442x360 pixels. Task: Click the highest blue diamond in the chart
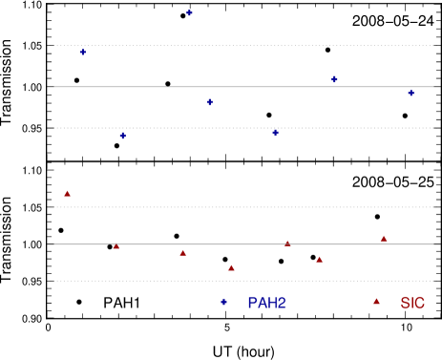(x=190, y=13)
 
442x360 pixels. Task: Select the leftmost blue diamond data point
(x=83, y=53)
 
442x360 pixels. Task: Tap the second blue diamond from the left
(x=122, y=136)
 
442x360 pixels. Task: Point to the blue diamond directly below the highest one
(x=210, y=102)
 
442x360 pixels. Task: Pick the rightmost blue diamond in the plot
(x=410, y=93)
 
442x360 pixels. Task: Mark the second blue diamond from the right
(x=334, y=79)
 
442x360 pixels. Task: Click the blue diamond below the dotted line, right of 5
(x=275, y=133)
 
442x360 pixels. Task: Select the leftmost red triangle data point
(x=67, y=194)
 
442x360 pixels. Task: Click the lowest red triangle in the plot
(x=231, y=268)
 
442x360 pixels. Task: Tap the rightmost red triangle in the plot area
(x=384, y=238)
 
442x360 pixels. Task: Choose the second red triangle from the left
(x=116, y=246)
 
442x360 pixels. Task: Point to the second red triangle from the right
(x=319, y=259)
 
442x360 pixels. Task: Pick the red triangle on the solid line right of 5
(x=287, y=244)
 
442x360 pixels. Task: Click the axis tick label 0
(x=50, y=170)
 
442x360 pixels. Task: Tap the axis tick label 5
(x=228, y=170)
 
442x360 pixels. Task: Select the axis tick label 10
(x=408, y=170)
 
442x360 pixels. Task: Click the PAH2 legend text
(x=266, y=303)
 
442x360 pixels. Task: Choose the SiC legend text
(x=412, y=303)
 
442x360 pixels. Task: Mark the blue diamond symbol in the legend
(x=224, y=302)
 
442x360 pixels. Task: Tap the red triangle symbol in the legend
(x=376, y=302)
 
